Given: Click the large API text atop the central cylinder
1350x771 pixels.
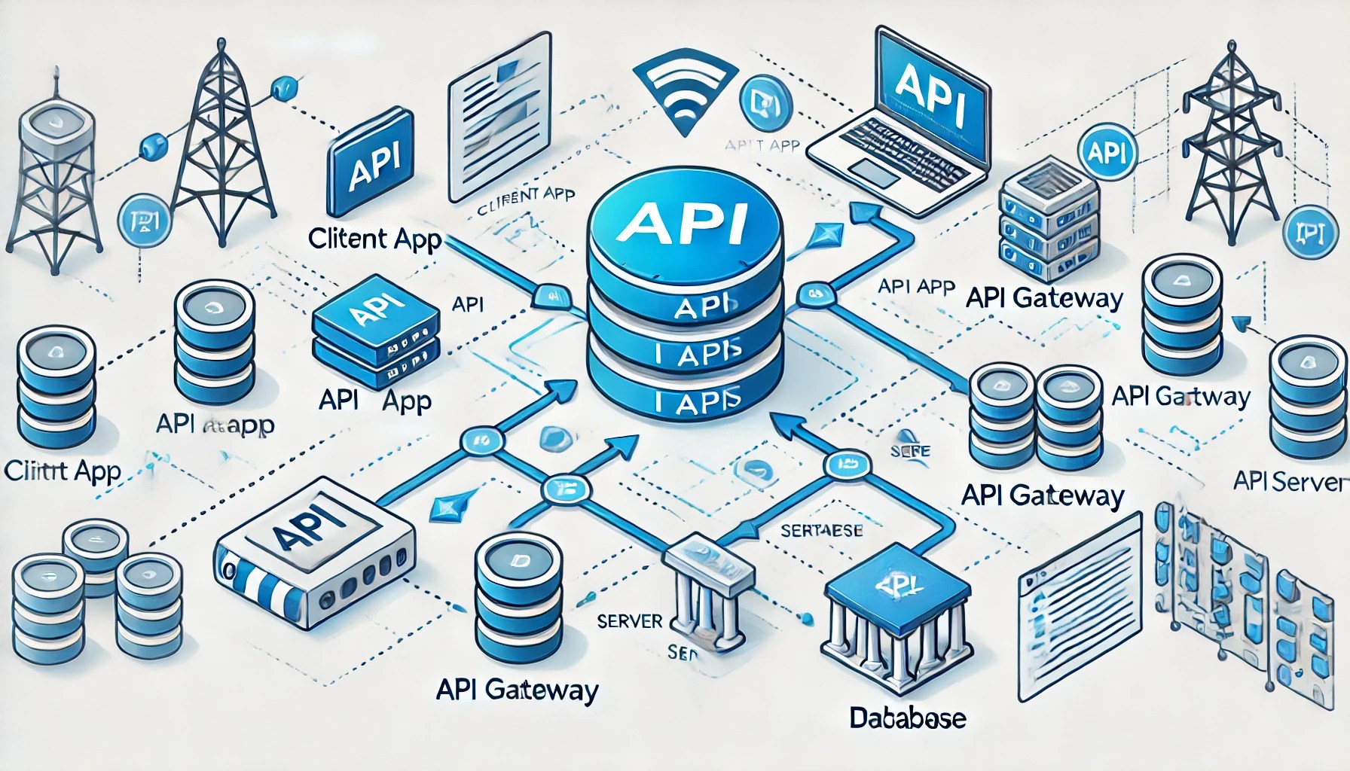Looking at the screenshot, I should tap(684, 223).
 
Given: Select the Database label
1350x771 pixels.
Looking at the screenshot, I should tap(907, 718).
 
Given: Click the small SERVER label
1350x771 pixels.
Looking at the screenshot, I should tap(629, 621).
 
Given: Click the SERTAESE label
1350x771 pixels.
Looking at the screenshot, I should tap(821, 530).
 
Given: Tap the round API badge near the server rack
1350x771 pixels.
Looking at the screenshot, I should tap(1106, 154).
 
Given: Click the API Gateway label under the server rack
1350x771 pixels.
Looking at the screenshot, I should tap(1044, 298).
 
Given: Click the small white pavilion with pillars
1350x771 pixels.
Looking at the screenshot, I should tap(707, 595).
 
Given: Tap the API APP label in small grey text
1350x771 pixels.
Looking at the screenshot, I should tap(916, 286).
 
